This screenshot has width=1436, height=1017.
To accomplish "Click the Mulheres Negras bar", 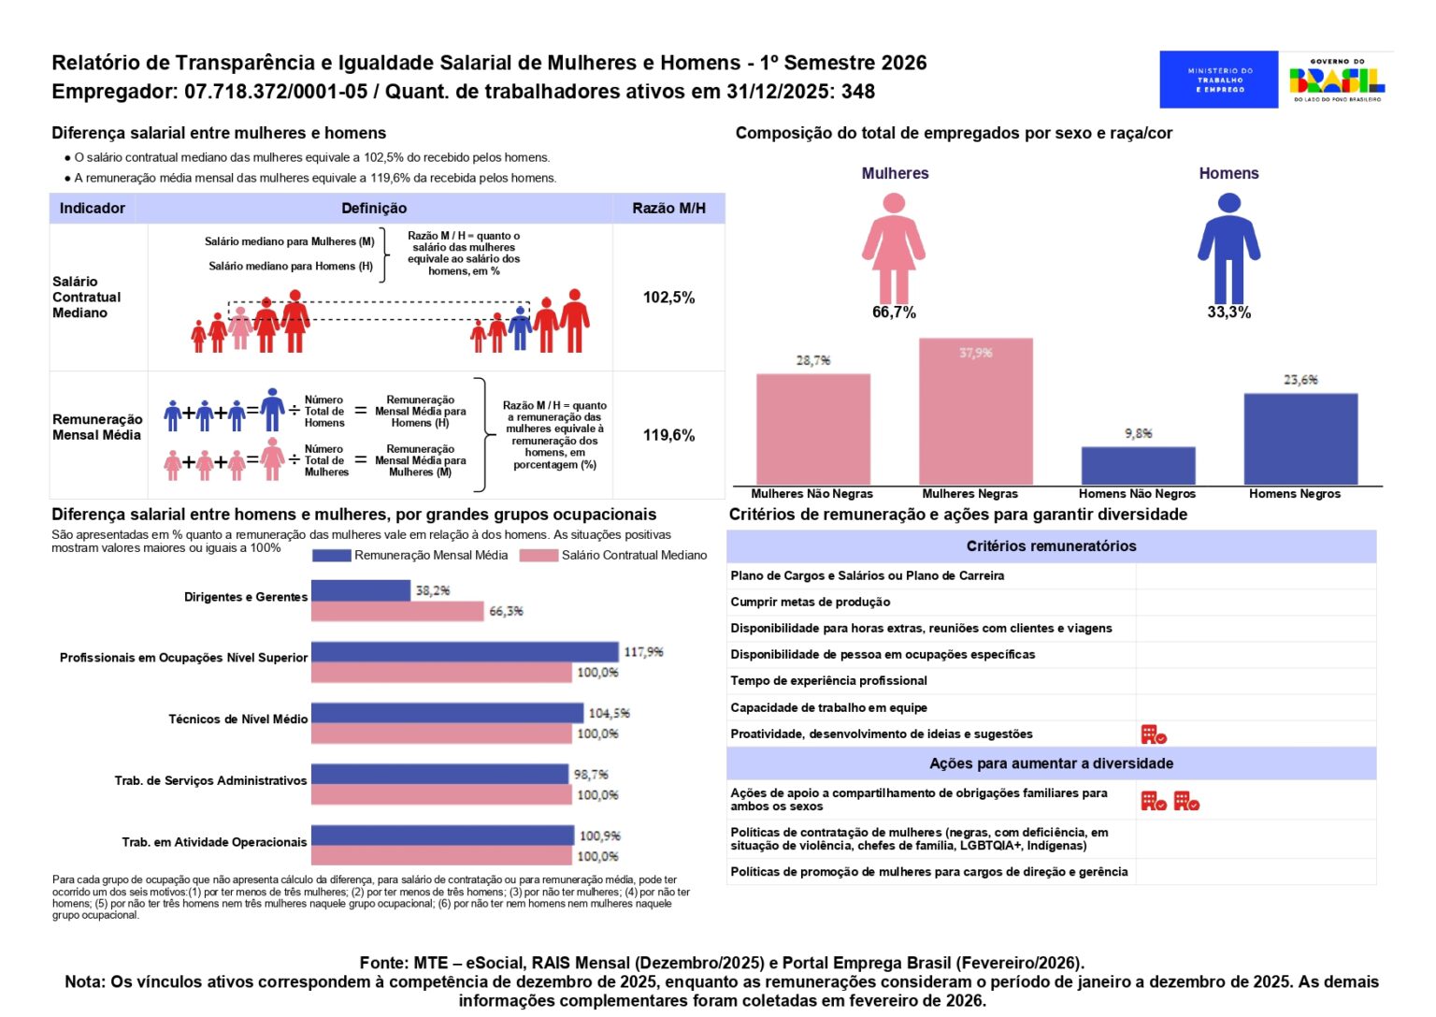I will click(x=975, y=412).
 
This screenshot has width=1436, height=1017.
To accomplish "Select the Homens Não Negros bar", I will click(x=1138, y=465).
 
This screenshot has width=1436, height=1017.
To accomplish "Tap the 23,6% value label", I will click(x=1300, y=380).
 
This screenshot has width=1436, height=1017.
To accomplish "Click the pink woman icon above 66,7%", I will click(x=894, y=247).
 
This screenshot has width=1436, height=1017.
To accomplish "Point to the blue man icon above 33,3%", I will click(x=1228, y=247).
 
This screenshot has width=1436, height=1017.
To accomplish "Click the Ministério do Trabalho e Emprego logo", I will click(x=1219, y=80).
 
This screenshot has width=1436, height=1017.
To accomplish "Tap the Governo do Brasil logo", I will click(x=1337, y=80).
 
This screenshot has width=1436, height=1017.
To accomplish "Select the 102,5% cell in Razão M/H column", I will click(x=668, y=298).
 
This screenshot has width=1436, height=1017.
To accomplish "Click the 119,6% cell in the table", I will click(x=668, y=435).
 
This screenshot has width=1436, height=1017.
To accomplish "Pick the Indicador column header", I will click(x=93, y=209).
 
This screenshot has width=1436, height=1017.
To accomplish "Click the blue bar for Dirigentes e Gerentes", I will click(x=361, y=590).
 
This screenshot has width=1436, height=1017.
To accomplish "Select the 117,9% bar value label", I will click(x=643, y=652).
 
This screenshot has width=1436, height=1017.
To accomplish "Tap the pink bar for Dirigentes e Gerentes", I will click(x=397, y=611).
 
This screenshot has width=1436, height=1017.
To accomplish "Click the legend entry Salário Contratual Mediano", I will click(x=633, y=555).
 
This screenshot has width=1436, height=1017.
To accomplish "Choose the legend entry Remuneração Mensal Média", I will click(x=430, y=555).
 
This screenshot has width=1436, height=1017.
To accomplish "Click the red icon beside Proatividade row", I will click(x=1154, y=734).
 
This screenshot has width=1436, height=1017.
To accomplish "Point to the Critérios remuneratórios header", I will click(x=1051, y=546).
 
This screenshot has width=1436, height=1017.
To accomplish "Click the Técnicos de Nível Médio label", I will click(x=237, y=719).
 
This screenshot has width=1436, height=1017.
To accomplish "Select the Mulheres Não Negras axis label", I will click(x=811, y=494).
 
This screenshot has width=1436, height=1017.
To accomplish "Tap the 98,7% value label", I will click(x=591, y=775).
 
